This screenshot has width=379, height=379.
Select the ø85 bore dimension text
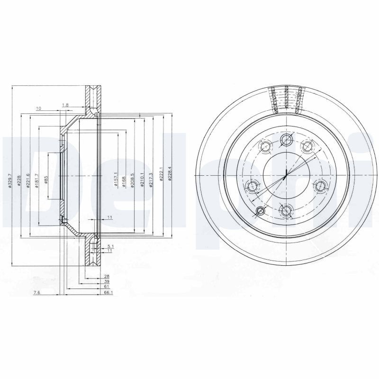(x=46, y=180)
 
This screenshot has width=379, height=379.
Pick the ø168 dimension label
(x=124, y=181)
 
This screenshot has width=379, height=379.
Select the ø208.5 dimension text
(x=133, y=181)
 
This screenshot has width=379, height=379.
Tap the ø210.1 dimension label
(x=142, y=181)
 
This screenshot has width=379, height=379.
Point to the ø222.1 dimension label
(x=161, y=175)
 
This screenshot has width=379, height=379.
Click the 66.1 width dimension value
(x=107, y=293)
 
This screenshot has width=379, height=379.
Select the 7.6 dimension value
(x=36, y=293)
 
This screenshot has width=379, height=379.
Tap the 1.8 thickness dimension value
(x=65, y=105)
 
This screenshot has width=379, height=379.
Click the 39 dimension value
(x=107, y=281)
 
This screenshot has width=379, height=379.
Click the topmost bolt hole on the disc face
(x=286, y=139)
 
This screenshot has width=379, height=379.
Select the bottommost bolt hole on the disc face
(x=286, y=210)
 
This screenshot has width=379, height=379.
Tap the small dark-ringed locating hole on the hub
(x=260, y=211)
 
